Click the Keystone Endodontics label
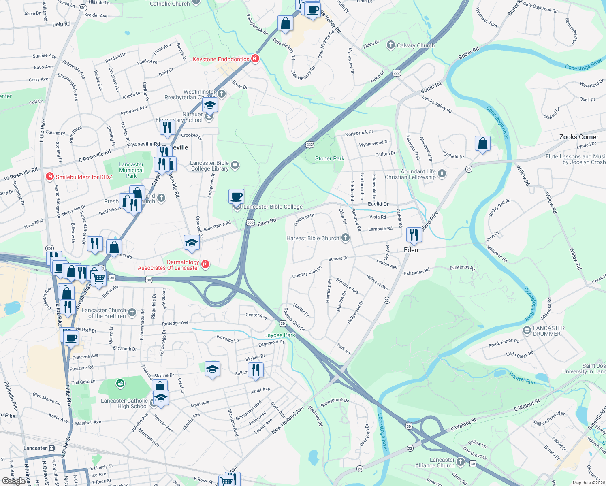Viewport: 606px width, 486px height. [221, 59]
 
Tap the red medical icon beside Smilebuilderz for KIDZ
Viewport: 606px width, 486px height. [50, 177]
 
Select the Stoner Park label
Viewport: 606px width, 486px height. [330, 158]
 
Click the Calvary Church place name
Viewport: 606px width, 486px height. [416, 45]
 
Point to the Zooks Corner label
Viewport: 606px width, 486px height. [578, 137]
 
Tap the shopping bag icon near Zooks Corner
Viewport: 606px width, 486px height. [482, 144]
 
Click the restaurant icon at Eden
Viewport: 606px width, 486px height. [414, 235]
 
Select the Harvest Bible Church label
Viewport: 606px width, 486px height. [313, 238]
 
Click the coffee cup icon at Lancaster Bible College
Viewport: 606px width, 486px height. [237, 196]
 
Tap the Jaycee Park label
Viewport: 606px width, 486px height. [280, 335]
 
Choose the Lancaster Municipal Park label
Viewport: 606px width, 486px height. [131, 170]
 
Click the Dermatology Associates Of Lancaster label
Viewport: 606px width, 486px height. [169, 265]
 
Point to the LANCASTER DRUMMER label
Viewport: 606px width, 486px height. [549, 331]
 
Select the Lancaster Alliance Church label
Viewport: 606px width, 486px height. [435, 463]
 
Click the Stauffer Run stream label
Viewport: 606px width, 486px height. [522, 380]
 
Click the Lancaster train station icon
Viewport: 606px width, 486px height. [51, 448]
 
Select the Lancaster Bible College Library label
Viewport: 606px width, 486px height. [210, 166]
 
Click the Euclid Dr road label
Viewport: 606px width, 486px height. [378, 204]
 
